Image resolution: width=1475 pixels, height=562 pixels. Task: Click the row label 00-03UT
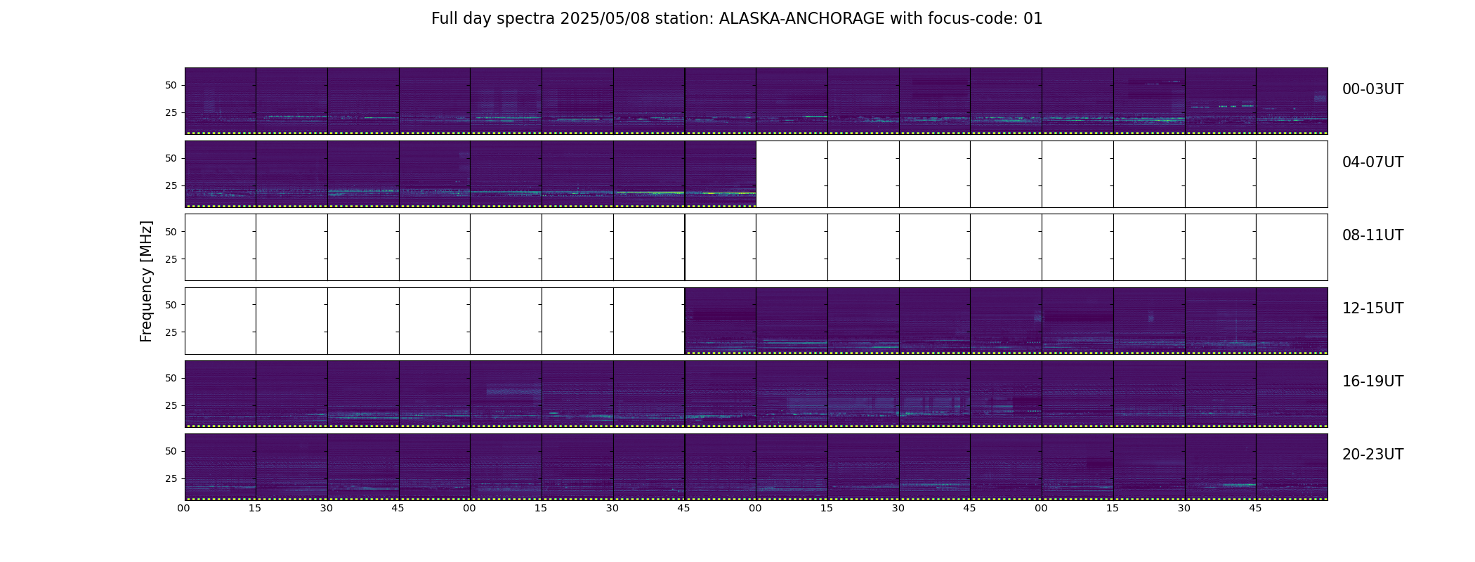click(x=1372, y=89)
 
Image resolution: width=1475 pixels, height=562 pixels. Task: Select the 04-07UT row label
click(x=1372, y=162)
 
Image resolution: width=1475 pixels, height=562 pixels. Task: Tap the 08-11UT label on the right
click(x=1372, y=235)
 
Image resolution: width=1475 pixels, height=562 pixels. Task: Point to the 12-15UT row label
click(x=1372, y=308)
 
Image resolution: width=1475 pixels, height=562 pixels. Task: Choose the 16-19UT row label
click(x=1372, y=381)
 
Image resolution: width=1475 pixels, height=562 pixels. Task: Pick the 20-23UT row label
click(x=1372, y=455)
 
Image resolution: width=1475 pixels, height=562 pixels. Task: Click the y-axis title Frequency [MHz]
click(x=146, y=282)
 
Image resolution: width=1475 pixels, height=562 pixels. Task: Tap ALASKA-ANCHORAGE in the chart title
click(x=801, y=19)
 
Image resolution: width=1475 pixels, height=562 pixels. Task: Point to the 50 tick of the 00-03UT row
click(x=171, y=86)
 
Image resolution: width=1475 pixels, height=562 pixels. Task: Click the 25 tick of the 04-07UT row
click(x=171, y=186)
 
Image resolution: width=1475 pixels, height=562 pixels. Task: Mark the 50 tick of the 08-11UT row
click(x=171, y=232)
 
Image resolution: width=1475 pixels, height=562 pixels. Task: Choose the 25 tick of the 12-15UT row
click(x=171, y=332)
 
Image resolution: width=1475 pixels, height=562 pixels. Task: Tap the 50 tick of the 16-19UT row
click(x=171, y=378)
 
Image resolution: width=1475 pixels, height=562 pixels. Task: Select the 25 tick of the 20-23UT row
click(x=171, y=478)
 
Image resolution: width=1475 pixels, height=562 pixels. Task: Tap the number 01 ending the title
click(x=1033, y=19)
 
